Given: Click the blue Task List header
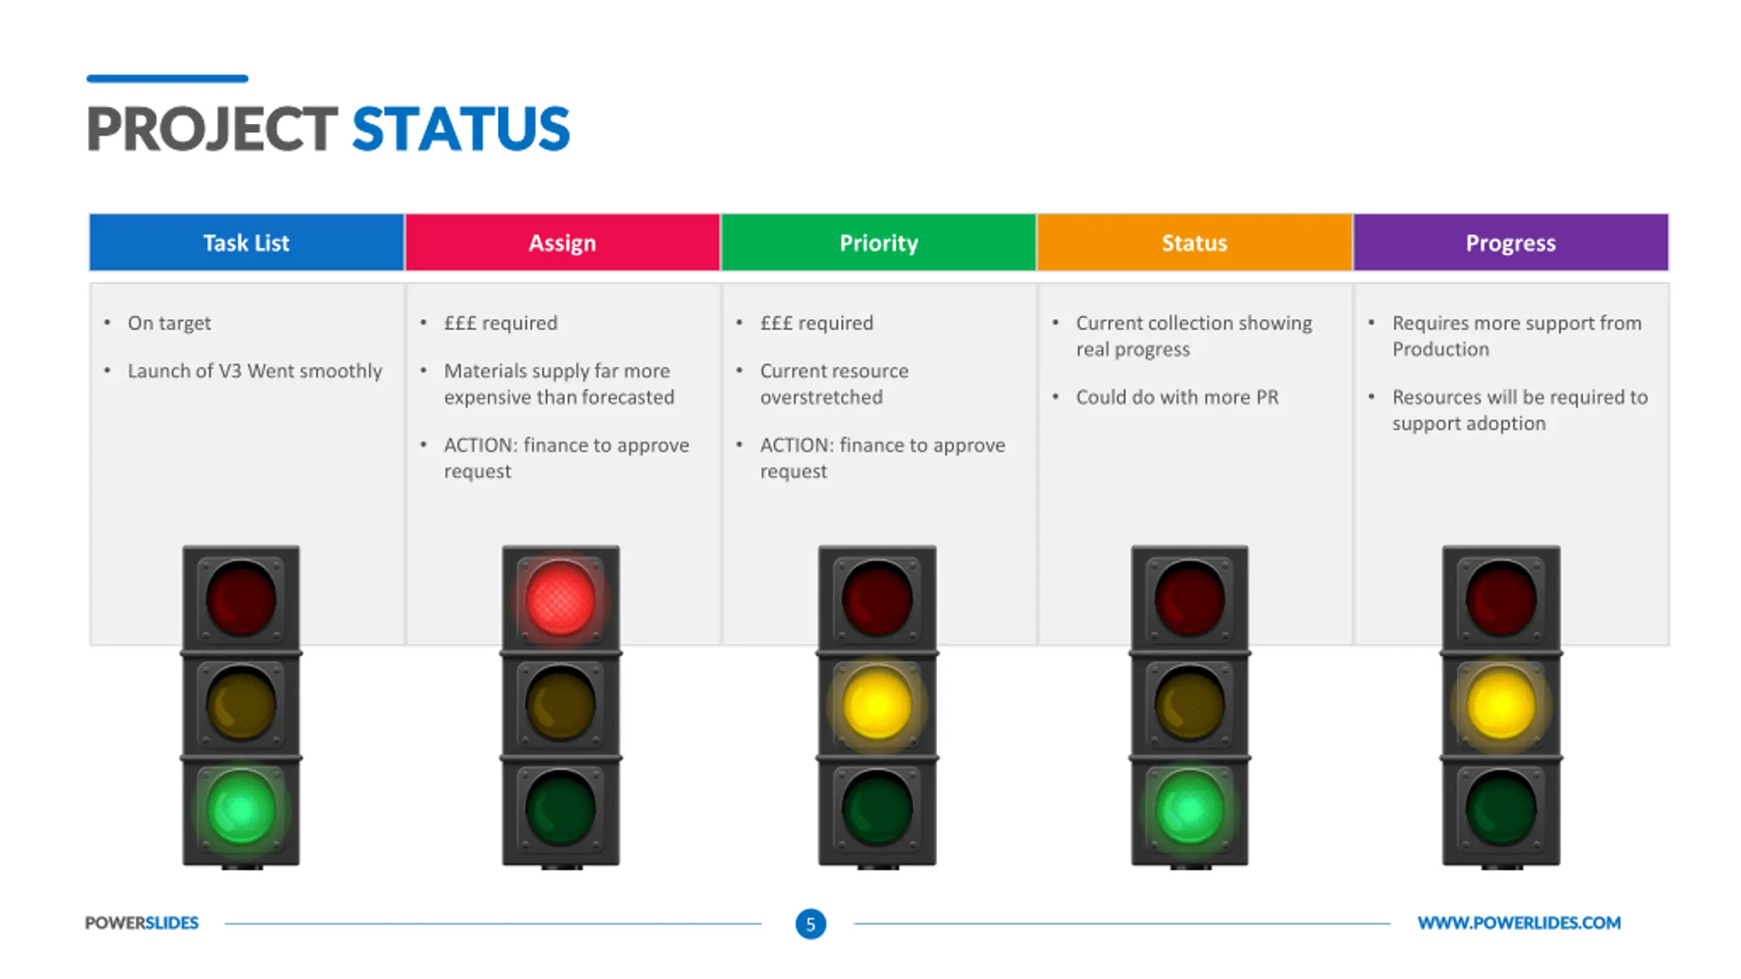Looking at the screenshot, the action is (x=246, y=243).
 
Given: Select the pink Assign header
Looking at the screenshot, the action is (x=562, y=243).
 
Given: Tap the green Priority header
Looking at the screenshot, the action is (x=879, y=243).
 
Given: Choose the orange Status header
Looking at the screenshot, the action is (x=1194, y=243).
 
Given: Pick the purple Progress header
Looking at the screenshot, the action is (x=1510, y=243).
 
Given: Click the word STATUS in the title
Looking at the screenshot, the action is (x=461, y=128).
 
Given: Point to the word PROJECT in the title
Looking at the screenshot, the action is (x=212, y=128).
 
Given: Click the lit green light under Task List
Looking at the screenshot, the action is (x=241, y=810).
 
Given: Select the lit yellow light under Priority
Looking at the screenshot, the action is (x=877, y=704).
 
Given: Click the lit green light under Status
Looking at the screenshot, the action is (x=1189, y=810).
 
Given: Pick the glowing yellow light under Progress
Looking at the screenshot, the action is (x=1501, y=704).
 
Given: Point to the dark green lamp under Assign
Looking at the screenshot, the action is (x=560, y=810).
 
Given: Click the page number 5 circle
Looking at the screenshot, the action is (x=811, y=924).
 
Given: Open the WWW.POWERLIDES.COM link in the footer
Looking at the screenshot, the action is (x=1519, y=923).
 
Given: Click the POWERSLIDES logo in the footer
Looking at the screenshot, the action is (x=141, y=923).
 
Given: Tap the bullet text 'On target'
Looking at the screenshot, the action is (x=169, y=323).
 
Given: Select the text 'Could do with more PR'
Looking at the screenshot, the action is (x=1177, y=397).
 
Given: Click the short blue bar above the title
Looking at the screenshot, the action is (x=167, y=79).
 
